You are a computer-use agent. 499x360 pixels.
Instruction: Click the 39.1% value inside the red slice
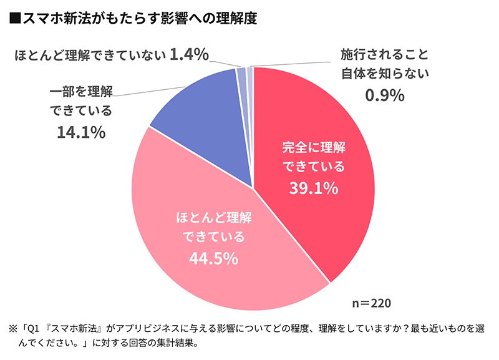[x=313, y=188]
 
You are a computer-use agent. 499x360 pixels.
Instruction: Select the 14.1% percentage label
[x=80, y=132]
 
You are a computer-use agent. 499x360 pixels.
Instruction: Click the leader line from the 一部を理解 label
[x=150, y=92]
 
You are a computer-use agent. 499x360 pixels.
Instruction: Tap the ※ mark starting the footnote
[x=12, y=328]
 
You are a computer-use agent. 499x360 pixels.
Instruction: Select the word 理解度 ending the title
[x=240, y=19]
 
